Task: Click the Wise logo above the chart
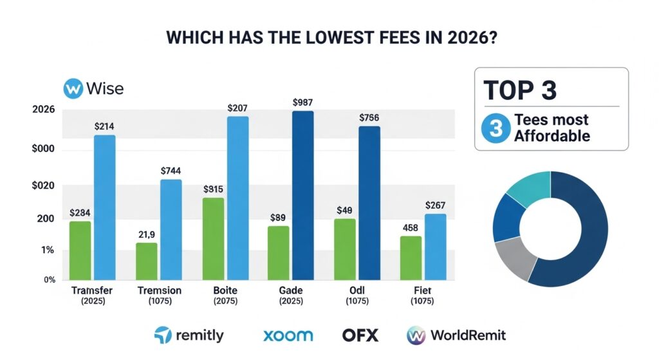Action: coord(94,88)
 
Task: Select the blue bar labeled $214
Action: coord(105,207)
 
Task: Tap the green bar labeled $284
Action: coord(80,251)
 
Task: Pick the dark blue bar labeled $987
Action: coord(302,195)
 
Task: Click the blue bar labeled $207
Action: coord(237,198)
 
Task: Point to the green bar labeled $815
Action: coord(212,238)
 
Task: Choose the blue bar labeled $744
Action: coord(171,229)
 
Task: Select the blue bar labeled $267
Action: coord(436,247)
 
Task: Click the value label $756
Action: coord(368,117)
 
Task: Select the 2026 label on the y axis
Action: coord(44,110)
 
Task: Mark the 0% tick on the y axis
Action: coord(50,279)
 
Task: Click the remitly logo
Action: coord(189,335)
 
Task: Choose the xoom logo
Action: coord(288,335)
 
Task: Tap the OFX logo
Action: coord(360,335)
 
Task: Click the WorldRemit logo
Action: coord(456,335)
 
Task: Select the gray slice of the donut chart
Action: coord(515,257)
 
